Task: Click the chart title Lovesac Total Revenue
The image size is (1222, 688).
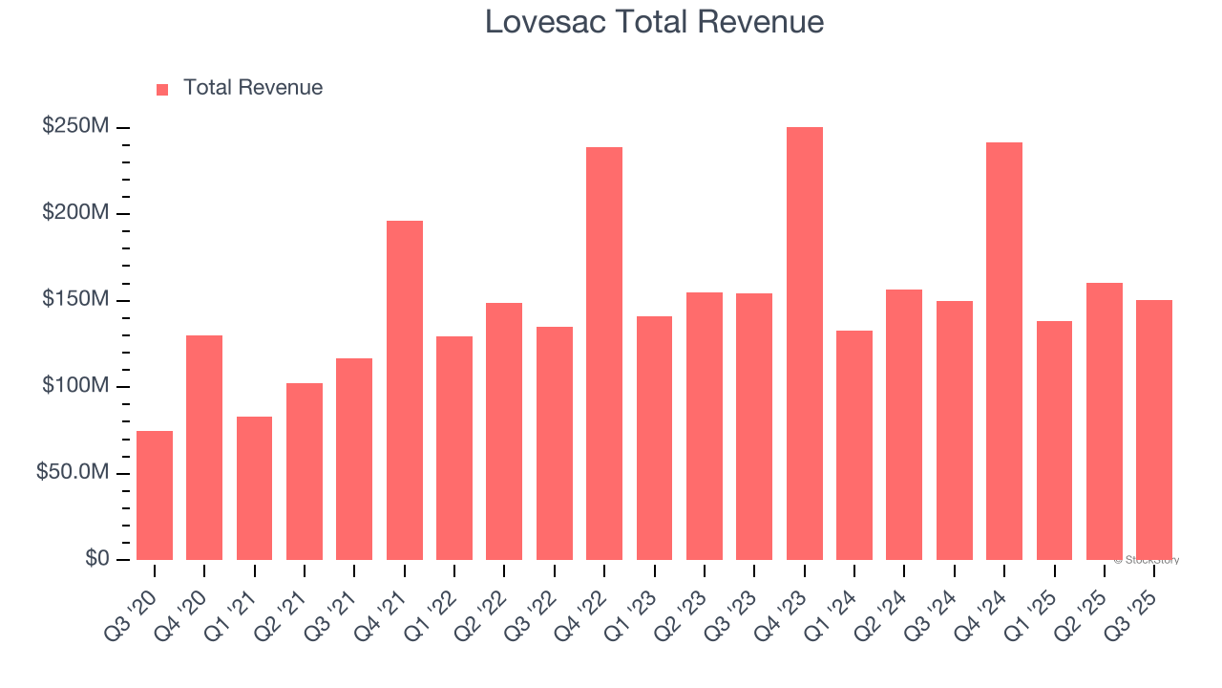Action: coord(654,21)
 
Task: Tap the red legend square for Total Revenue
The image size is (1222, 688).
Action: coord(162,89)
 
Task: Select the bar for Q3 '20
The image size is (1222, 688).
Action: coord(155,495)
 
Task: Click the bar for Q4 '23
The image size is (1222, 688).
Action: coord(804,343)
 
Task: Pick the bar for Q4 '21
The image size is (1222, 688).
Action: coord(405,390)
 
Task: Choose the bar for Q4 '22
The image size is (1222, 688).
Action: coord(604,354)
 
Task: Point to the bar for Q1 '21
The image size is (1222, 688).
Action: coord(254,488)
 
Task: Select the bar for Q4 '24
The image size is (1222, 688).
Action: coord(1004,351)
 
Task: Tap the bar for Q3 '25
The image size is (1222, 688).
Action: coord(1154,430)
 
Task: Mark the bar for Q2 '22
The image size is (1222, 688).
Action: coord(504,431)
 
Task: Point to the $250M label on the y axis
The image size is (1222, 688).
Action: coord(75,126)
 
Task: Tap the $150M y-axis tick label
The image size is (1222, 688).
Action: coord(75,300)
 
